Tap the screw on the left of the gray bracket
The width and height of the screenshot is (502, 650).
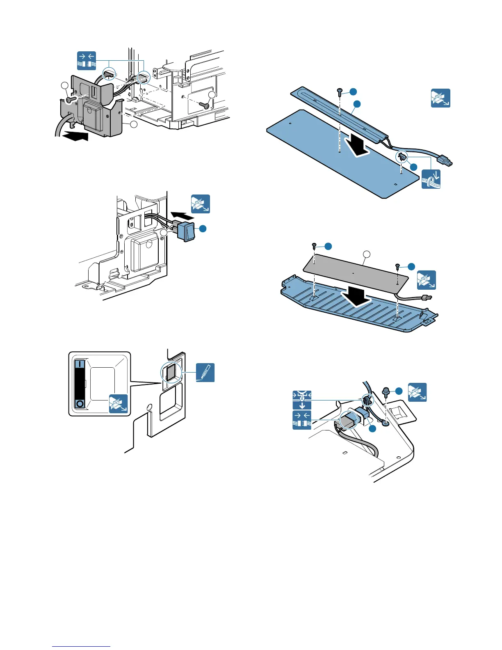tap(71, 99)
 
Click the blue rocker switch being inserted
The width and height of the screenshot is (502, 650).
tap(186, 231)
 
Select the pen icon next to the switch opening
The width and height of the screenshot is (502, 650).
tap(205, 373)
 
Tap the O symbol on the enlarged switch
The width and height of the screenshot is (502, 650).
tap(80, 404)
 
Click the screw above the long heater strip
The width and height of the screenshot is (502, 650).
tap(340, 92)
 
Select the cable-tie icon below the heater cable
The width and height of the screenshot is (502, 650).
tap(431, 179)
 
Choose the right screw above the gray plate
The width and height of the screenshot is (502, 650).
tap(397, 267)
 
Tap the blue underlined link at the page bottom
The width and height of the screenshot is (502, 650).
tap(81, 647)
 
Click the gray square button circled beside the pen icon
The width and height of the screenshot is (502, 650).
tap(171, 373)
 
